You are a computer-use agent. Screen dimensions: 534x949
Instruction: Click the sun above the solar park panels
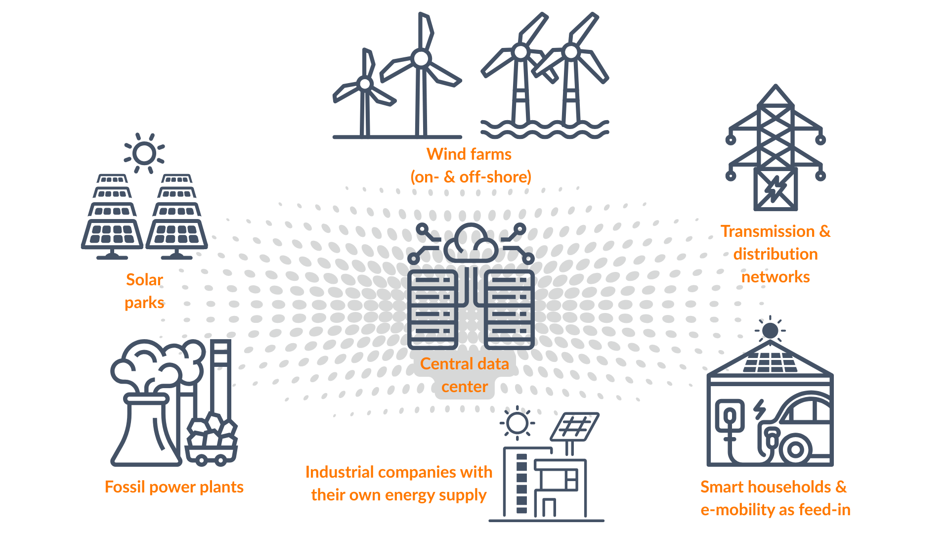coord(144,153)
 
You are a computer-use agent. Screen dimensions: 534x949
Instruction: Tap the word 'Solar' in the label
coord(144,280)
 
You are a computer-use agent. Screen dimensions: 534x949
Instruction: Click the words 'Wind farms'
coord(469,154)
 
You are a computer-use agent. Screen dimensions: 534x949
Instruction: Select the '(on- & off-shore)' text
coord(471,177)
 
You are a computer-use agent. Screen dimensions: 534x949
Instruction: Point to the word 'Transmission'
coord(767,231)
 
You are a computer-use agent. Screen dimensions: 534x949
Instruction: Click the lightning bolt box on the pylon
coord(775,190)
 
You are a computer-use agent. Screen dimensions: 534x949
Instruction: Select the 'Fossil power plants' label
coord(174,487)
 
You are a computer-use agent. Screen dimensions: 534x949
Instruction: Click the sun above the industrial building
coord(517,423)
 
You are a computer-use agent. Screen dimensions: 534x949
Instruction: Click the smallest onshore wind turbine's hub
coord(365,84)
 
